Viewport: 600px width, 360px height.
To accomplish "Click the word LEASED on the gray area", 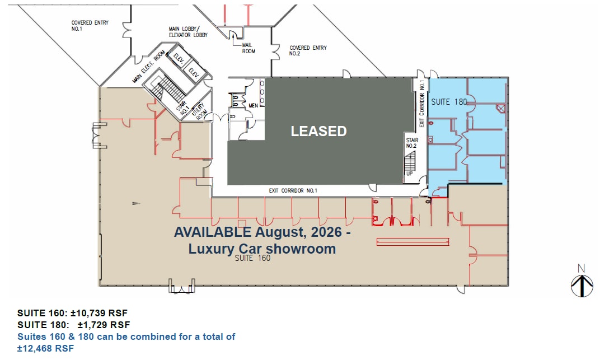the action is [319, 131].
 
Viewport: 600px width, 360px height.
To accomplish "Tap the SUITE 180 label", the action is [449, 102].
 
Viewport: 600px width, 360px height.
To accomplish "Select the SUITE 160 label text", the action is [252, 258].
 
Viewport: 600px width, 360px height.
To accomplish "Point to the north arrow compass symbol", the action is [582, 281].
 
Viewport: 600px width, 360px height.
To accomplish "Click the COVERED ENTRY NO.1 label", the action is [90, 26].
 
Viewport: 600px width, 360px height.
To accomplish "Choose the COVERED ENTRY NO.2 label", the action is [308, 50].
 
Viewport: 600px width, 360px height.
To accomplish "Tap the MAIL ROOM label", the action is [249, 48].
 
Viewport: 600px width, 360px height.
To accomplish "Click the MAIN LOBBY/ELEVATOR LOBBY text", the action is [188, 32].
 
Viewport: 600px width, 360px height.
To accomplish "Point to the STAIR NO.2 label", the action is [412, 143].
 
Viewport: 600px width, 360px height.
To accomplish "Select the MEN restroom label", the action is [254, 106].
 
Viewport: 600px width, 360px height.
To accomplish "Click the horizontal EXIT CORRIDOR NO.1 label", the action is [293, 190].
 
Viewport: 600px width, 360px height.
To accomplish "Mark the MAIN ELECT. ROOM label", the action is [148, 67].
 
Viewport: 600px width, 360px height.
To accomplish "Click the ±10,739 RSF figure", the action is [99, 313].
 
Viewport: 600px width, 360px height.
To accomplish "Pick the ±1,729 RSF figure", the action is [104, 325].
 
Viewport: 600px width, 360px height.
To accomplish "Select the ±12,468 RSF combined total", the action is [45, 349].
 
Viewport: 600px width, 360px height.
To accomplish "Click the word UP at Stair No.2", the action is [410, 174].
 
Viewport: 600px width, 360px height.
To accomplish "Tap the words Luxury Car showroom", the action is [262, 249].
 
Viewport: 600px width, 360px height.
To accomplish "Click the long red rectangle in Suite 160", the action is [412, 242].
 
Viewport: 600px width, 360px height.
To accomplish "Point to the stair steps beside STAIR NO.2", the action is [410, 161].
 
